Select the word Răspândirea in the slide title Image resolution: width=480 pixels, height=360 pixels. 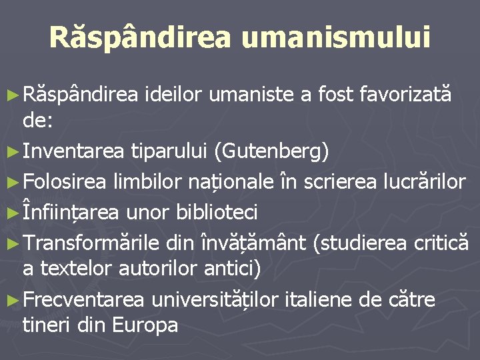point(140,38)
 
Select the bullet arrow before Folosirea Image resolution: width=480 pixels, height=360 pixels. point(15,183)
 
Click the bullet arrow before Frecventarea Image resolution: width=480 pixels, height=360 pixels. point(15,299)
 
